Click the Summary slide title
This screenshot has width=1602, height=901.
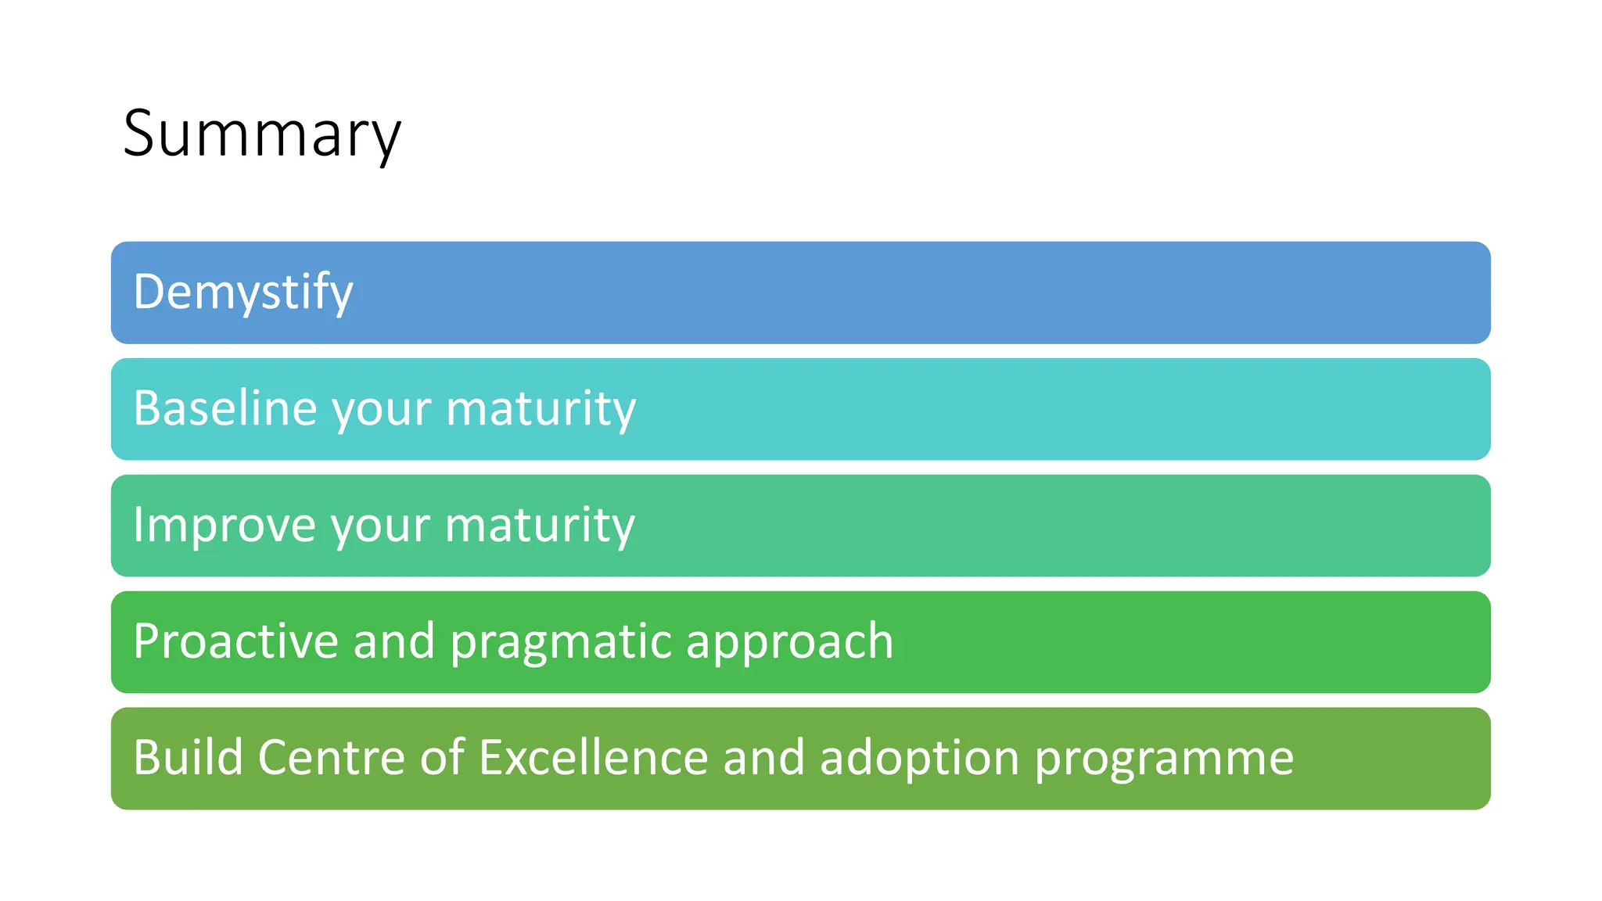262,135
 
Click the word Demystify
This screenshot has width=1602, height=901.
243,293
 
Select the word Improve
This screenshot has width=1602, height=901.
224,525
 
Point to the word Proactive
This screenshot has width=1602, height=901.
235,641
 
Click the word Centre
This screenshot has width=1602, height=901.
331,757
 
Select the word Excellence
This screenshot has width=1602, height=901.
593,757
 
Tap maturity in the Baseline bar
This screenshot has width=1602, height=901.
541,409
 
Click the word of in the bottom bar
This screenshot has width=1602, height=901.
442,757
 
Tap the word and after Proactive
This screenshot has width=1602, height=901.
393,641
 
